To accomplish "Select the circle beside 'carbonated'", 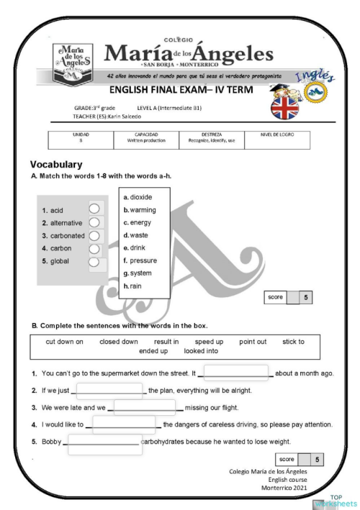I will click(x=94, y=235).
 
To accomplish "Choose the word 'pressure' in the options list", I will click(x=143, y=260).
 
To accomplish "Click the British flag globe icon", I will click(x=287, y=106).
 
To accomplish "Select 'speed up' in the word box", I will click(x=209, y=342).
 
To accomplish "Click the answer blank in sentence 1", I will click(x=237, y=373).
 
